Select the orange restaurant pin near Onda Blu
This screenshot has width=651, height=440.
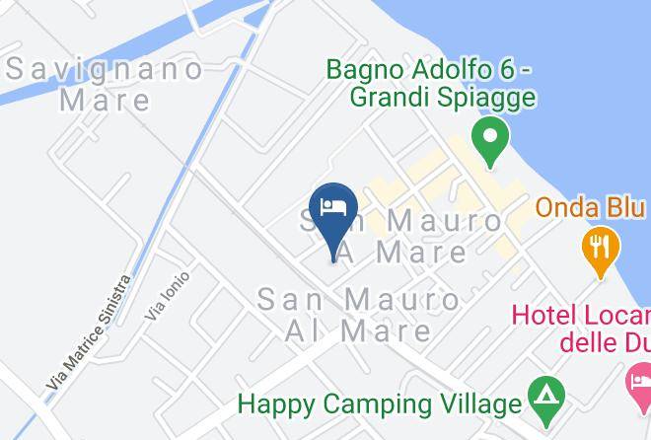[x=599, y=247]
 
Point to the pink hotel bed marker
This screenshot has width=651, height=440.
[x=639, y=381]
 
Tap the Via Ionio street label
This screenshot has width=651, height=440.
[x=167, y=295]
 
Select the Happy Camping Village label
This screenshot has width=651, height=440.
[x=379, y=403]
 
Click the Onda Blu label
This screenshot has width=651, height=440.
[x=590, y=209]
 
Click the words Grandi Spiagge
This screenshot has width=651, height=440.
[x=444, y=98]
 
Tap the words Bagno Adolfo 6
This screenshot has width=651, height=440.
[x=431, y=71]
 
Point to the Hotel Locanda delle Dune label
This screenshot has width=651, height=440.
[x=582, y=330]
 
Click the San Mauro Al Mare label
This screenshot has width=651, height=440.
[x=358, y=314]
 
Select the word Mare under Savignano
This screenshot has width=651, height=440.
[x=105, y=100]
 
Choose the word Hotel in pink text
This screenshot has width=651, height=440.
[x=542, y=317]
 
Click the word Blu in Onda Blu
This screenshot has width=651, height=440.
[x=624, y=209]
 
